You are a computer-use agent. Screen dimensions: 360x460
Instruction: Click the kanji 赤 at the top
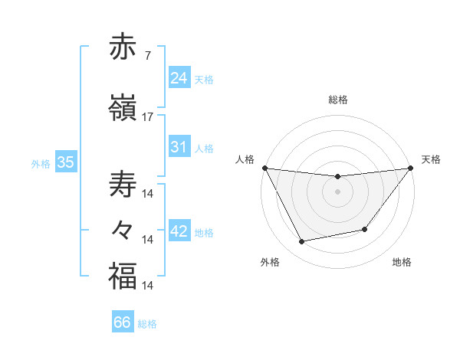click(x=123, y=47)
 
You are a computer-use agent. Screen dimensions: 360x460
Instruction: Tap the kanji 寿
click(x=123, y=185)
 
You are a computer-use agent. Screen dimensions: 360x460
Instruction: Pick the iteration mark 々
click(x=123, y=229)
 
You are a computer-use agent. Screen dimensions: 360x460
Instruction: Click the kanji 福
click(x=123, y=276)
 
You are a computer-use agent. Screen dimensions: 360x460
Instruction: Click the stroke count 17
click(x=148, y=117)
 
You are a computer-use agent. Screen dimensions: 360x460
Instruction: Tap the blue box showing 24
click(x=179, y=78)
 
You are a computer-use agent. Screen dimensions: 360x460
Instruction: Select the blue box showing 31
click(x=179, y=147)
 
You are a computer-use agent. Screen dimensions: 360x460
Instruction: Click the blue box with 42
click(x=179, y=232)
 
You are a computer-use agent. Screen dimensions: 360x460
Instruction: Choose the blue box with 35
click(x=65, y=162)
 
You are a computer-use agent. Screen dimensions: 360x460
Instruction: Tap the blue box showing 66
click(x=122, y=322)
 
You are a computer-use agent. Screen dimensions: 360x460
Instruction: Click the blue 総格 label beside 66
click(x=147, y=324)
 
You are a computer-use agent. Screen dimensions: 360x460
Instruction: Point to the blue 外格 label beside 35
click(x=41, y=163)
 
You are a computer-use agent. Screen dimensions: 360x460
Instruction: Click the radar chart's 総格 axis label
click(x=337, y=100)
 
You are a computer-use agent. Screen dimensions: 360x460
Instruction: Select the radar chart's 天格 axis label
click(x=431, y=159)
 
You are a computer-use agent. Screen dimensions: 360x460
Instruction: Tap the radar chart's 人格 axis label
click(x=245, y=159)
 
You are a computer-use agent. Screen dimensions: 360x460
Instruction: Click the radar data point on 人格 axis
click(x=264, y=168)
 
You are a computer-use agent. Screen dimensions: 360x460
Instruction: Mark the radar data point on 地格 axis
click(x=365, y=229)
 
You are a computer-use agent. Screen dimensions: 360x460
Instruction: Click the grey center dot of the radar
click(x=337, y=191)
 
